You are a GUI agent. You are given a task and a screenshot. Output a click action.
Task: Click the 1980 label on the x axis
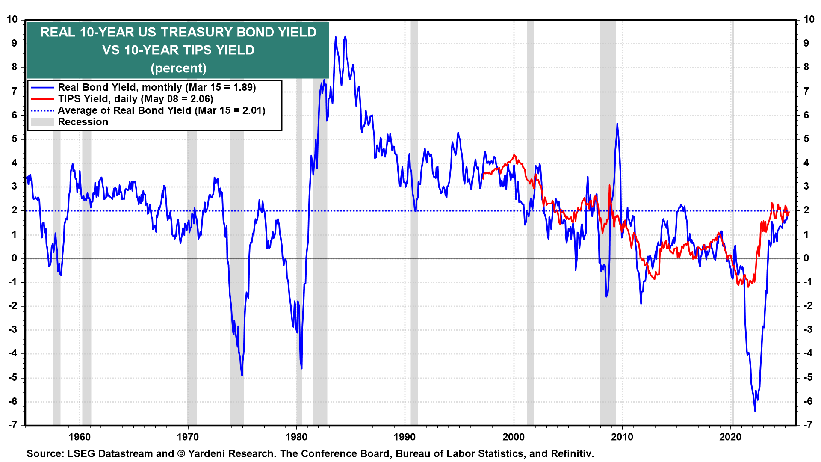point(296,437)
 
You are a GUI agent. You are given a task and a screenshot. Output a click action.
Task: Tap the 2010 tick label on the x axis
point(622,437)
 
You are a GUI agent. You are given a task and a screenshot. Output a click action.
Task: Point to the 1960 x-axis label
point(80,437)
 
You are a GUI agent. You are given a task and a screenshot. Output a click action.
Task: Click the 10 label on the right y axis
point(809,19)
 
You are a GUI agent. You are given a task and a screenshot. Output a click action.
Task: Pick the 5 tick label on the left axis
point(15,139)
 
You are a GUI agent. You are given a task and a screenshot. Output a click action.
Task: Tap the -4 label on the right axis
point(808,353)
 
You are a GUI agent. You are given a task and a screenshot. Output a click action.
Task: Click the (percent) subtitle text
point(178,68)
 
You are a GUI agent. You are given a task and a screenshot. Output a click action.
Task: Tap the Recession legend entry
point(83,122)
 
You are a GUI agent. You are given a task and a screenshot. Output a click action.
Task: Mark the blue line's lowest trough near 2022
point(755,411)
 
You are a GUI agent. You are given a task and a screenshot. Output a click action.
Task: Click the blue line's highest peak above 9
point(345,36)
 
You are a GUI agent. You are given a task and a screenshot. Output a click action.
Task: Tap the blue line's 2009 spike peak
point(617,124)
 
